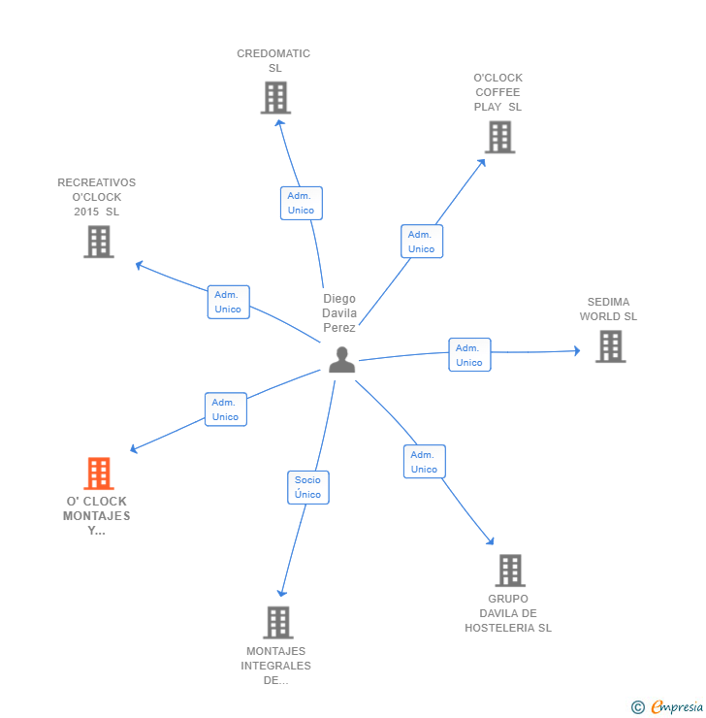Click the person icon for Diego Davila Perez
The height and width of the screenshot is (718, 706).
[x=341, y=359]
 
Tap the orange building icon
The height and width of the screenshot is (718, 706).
[x=98, y=473]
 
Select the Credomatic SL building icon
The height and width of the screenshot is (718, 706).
[x=275, y=97]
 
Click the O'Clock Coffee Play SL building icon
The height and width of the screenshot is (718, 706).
[x=499, y=137]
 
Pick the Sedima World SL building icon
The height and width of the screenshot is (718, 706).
[x=610, y=346]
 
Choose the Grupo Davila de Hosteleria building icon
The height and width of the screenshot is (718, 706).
[x=510, y=571]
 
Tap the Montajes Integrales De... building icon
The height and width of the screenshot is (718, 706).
[x=278, y=622]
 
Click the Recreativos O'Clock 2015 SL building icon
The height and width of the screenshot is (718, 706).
[x=99, y=242]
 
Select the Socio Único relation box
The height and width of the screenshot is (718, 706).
[x=307, y=487]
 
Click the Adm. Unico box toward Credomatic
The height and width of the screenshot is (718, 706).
[x=301, y=203]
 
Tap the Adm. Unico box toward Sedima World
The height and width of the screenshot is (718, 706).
[x=469, y=355]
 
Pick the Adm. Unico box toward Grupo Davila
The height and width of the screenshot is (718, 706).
[x=424, y=462]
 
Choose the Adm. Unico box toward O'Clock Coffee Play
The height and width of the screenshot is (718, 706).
[x=422, y=242]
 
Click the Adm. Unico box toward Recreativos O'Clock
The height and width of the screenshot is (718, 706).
[x=228, y=302]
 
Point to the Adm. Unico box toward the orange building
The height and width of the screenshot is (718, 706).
[x=225, y=409]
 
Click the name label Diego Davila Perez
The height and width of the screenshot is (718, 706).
[x=339, y=313]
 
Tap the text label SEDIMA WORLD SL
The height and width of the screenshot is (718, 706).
[x=609, y=309]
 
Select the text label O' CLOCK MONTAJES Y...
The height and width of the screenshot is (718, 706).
[x=97, y=516]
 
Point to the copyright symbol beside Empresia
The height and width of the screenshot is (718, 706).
[x=637, y=707]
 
